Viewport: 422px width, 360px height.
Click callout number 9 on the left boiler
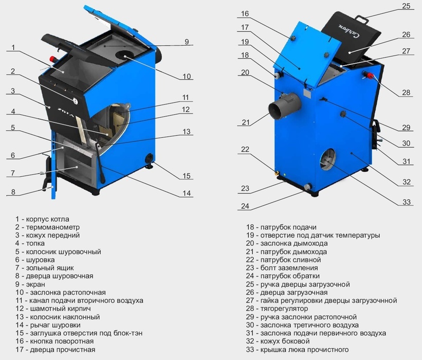187,42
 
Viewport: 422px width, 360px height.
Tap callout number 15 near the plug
187,176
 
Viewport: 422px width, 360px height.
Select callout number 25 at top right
407,6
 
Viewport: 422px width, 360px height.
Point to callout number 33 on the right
407,202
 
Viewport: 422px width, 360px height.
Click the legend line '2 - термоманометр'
47,227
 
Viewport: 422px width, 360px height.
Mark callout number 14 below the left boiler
187,193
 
